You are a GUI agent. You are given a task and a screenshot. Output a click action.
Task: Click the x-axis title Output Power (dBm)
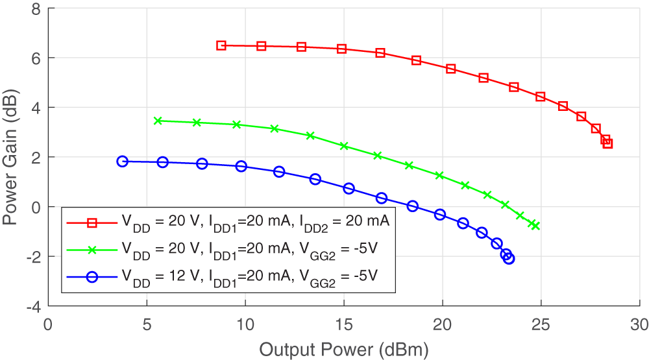coord(344,350)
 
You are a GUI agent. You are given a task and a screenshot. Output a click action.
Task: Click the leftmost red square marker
coord(221,45)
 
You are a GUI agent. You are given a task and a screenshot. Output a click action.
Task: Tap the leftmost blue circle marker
coord(123,162)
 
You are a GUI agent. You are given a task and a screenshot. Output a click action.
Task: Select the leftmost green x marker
coord(157,121)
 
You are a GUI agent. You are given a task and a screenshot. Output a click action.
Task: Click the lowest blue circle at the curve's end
coord(509,259)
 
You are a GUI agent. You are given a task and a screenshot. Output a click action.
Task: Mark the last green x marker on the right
coord(535,226)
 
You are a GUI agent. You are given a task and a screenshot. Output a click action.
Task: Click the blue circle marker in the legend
coord(92,276)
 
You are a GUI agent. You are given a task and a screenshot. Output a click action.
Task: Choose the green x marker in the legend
coord(92,249)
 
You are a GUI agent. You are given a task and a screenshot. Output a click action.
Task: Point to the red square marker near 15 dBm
coord(342,49)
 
